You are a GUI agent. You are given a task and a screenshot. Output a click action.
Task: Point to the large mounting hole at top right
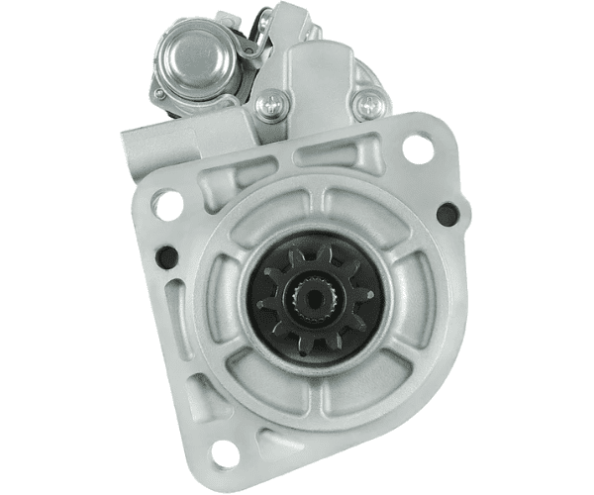pyautogui.click(x=418, y=149)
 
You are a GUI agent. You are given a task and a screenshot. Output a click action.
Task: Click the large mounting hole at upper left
pyautogui.click(x=168, y=205)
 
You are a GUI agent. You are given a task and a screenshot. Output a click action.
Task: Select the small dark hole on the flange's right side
pyautogui.click(x=446, y=213)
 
